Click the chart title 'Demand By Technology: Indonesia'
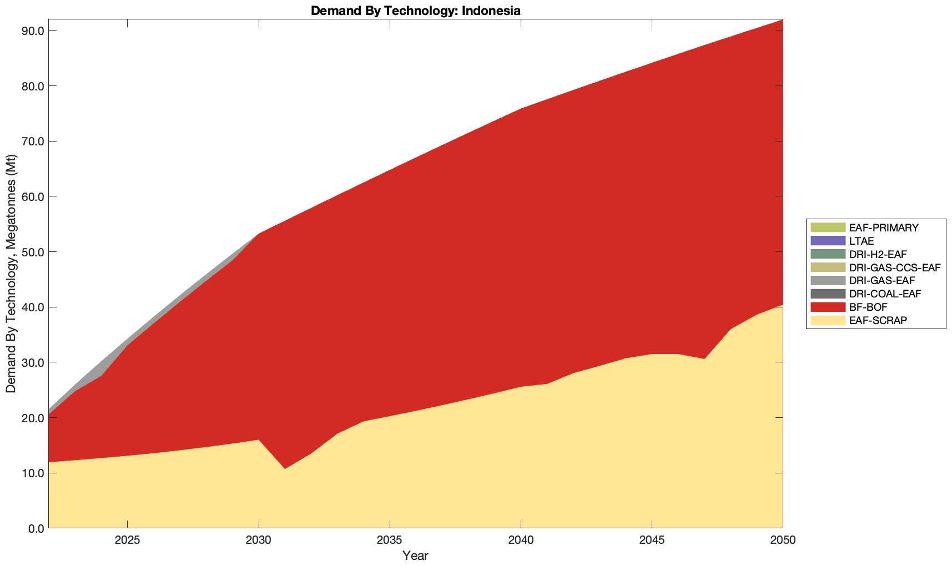click(415, 11)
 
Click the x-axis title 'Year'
click(415, 555)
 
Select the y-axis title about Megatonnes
click(11, 274)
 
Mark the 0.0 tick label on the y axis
click(35, 528)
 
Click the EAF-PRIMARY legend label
click(884, 228)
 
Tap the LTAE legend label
click(862, 241)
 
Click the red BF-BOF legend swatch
click(828, 307)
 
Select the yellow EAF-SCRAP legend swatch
click(828, 320)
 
